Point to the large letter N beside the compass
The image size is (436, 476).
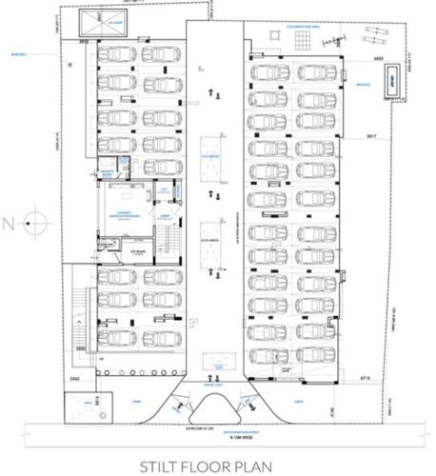pos(9,225)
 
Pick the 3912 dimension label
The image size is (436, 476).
pos(86,43)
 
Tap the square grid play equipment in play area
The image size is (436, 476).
pos(304,41)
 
